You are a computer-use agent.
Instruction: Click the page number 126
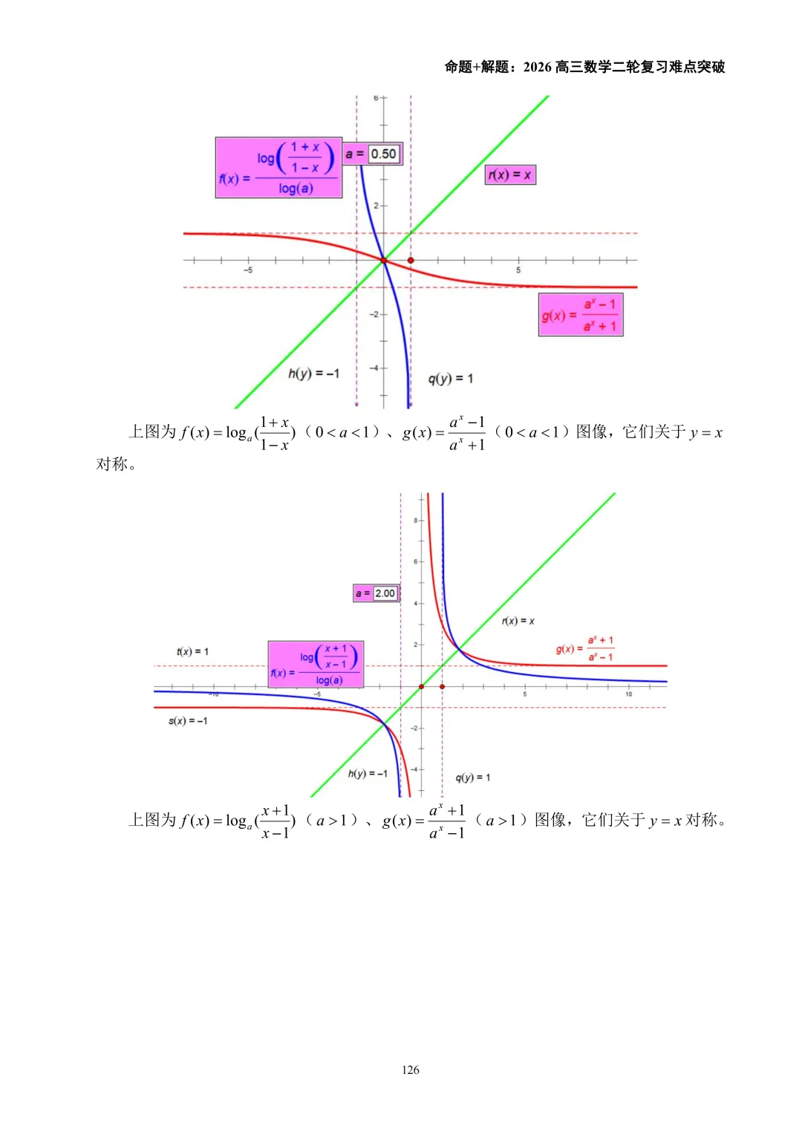coord(410,1069)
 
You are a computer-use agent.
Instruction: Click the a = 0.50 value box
coord(383,154)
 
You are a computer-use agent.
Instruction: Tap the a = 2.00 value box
coord(385,593)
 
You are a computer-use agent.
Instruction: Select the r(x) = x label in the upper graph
coord(509,175)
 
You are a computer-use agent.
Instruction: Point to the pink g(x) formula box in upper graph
coord(580,315)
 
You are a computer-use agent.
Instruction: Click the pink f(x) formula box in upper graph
coord(278,168)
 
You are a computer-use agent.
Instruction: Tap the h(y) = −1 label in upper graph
coord(313,373)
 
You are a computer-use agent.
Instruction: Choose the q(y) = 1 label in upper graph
coord(450,379)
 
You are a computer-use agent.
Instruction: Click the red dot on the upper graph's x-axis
coord(411,261)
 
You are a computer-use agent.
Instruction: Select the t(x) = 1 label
coord(192,651)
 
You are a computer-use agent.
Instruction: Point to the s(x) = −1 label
coord(188,720)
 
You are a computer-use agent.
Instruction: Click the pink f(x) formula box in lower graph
coord(316,664)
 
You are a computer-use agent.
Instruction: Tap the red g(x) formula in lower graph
coord(585,648)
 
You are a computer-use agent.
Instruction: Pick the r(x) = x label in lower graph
coord(518,621)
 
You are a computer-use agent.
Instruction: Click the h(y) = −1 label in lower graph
coord(368,773)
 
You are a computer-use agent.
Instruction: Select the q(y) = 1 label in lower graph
coord(472,778)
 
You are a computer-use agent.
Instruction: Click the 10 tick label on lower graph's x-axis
coord(628,694)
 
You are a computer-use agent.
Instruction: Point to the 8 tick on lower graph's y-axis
coord(416,520)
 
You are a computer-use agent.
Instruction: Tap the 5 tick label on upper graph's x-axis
coord(518,270)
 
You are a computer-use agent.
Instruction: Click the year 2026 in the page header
coord(537,67)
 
